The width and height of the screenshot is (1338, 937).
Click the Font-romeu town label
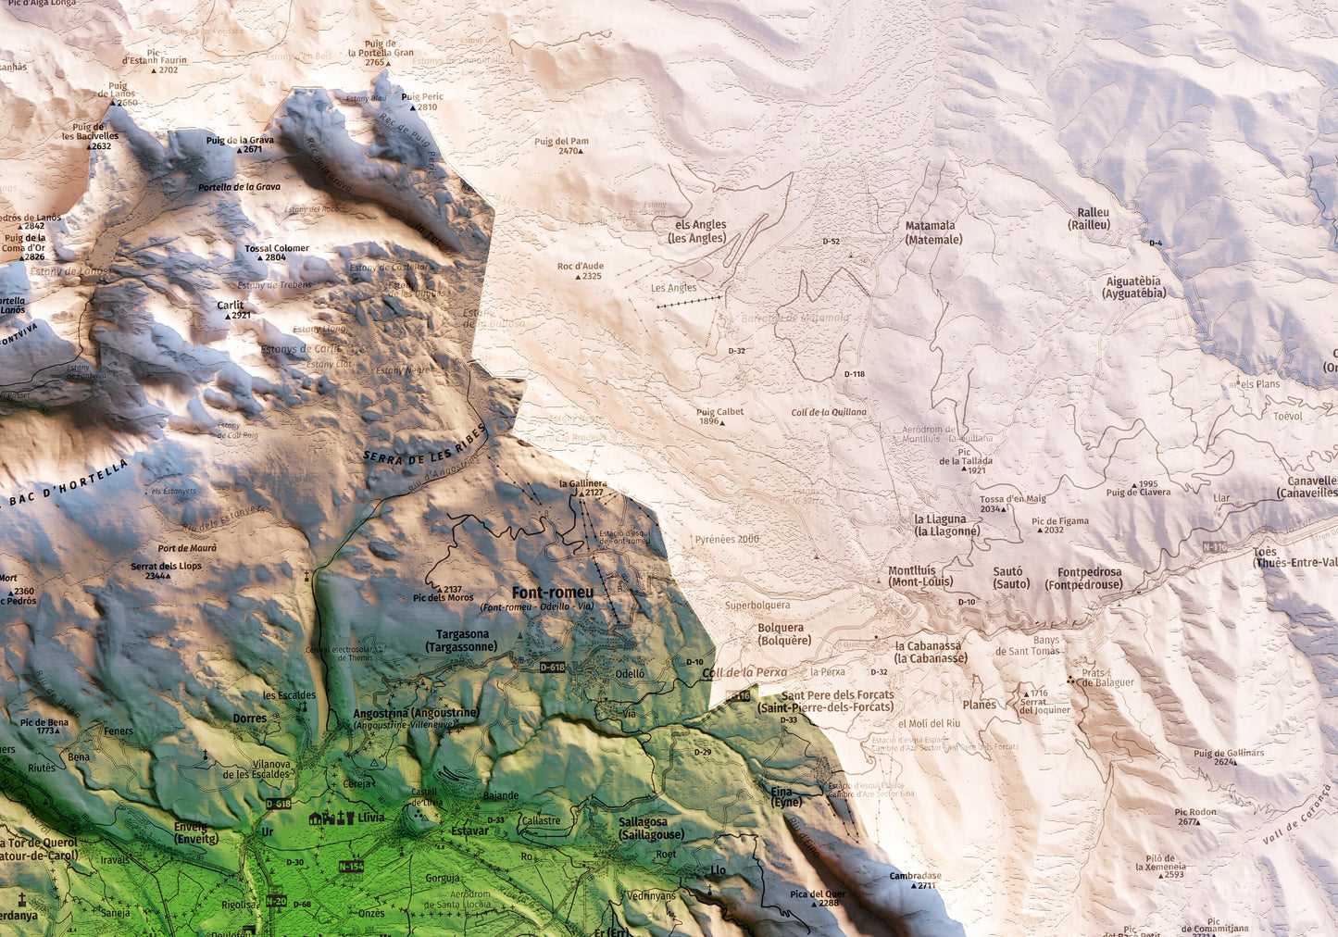tap(553, 593)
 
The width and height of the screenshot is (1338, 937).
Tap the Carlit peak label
tap(231, 305)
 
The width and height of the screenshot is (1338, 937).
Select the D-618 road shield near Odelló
tap(552, 667)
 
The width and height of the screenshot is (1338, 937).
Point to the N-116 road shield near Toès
tap(1215, 548)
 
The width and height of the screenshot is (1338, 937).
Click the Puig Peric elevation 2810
tap(427, 107)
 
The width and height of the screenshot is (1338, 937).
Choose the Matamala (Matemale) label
tap(931, 232)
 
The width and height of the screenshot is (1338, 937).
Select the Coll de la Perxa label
tap(744, 673)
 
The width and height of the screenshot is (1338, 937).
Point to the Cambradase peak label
tap(915, 876)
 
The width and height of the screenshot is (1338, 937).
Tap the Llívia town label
tap(370, 818)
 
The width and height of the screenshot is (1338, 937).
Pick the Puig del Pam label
tap(561, 142)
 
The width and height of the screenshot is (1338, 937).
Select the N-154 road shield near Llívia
tap(351, 867)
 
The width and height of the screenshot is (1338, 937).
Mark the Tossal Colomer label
tap(277, 248)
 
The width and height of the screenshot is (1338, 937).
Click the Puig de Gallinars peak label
tap(1228, 754)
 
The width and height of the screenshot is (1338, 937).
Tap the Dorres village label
tap(250, 718)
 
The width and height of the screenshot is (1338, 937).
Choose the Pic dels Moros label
tap(444, 597)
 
